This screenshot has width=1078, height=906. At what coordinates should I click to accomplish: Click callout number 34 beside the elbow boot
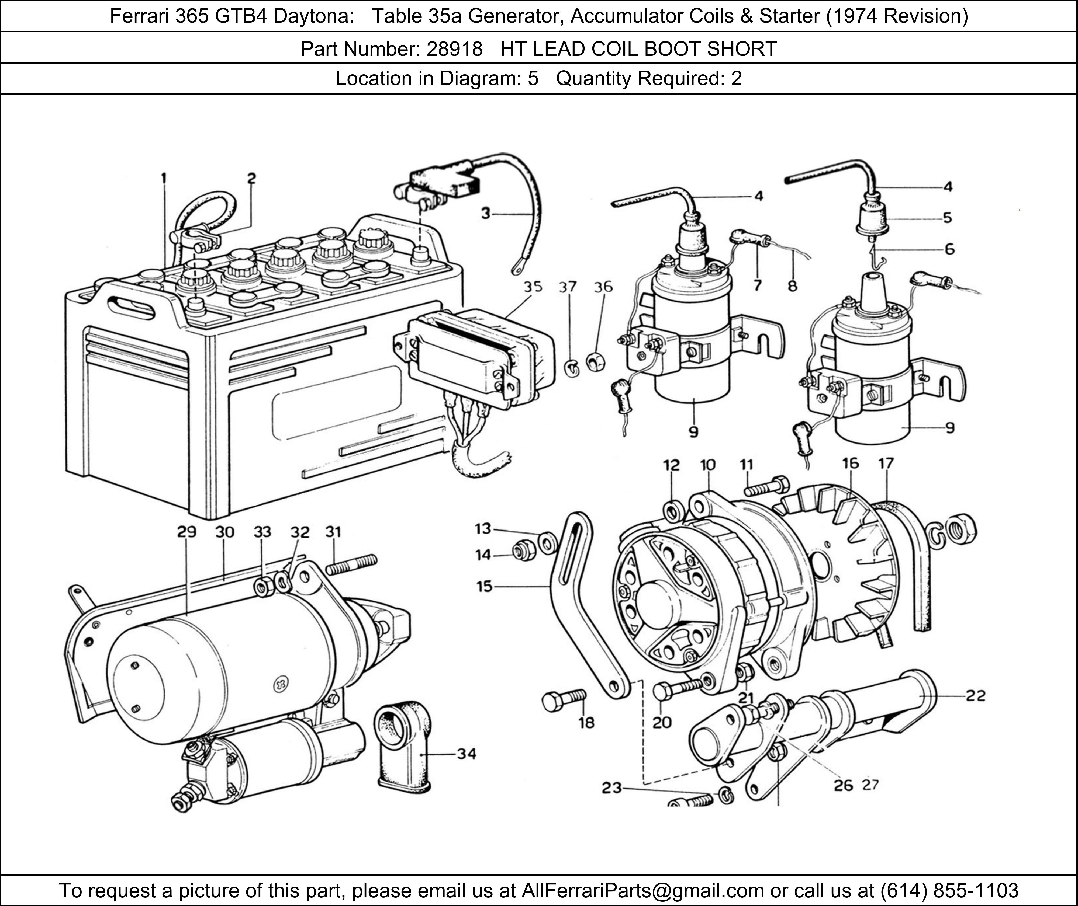coord(467,754)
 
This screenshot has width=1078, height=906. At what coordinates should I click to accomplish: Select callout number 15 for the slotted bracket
coord(485,586)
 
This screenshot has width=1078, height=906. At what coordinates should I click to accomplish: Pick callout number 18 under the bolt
coord(586,723)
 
